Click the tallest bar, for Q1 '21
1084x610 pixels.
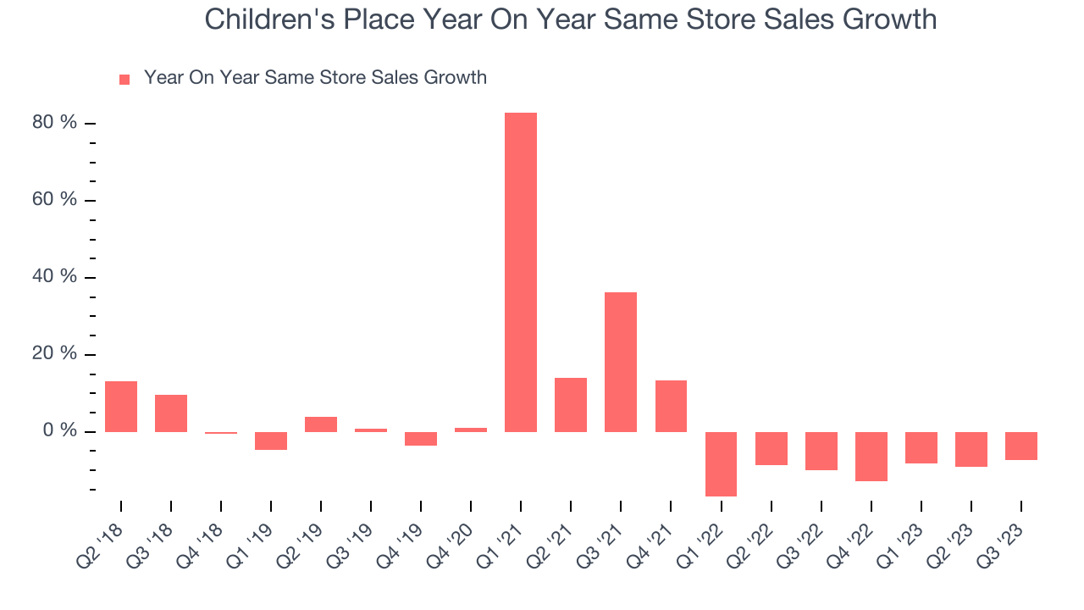click(x=521, y=272)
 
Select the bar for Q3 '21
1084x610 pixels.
click(x=621, y=362)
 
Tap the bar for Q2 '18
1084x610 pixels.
click(x=121, y=407)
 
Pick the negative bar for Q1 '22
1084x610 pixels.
click(x=721, y=463)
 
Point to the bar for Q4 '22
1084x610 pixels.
click(x=871, y=456)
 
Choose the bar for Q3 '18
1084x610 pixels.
click(x=171, y=413)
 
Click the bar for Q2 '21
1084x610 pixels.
click(x=571, y=404)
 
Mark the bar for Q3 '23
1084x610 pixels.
click(x=1020, y=446)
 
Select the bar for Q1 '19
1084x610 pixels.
click(x=271, y=441)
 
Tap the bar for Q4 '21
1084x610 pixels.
click(x=671, y=406)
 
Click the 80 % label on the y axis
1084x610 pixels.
click(x=55, y=123)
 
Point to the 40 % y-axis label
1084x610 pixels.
click(x=55, y=277)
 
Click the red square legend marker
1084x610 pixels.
click(x=124, y=79)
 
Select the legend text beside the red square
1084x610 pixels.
click(x=315, y=78)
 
